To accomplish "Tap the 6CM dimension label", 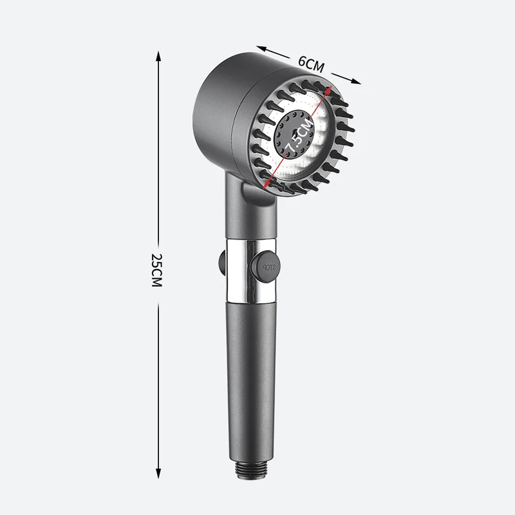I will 312,63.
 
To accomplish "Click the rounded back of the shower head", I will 219,109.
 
